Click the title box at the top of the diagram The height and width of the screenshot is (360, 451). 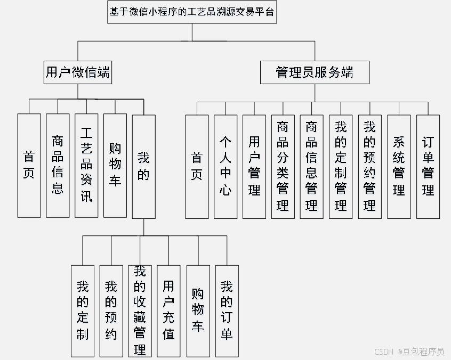tap(192, 12)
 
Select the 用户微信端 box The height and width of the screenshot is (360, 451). tap(78, 72)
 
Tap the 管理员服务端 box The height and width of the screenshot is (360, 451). tap(315, 72)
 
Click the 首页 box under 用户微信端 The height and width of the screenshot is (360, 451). tap(29, 165)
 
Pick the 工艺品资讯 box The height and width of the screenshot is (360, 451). tap(86, 165)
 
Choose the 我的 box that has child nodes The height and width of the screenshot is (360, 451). tap(143, 166)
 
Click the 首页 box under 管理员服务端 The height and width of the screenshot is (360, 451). tap(197, 166)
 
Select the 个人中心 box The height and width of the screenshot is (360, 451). tap(226, 166)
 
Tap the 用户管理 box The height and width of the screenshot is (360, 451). tap(254, 166)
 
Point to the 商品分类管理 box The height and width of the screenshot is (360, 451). tap(283, 166)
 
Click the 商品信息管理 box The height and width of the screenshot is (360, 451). tap(312, 166)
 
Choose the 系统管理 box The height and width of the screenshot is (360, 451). tap(399, 166)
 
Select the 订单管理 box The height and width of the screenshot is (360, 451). tap(428, 166)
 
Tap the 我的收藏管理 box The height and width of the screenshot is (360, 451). tap(140, 311)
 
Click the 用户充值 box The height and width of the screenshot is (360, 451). tap(169, 311)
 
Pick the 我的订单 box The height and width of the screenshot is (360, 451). tap(227, 311)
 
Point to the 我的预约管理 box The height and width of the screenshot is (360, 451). tap(369, 166)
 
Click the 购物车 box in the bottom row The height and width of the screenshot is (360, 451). tap(198, 311)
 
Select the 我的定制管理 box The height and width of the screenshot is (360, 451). tap(341, 166)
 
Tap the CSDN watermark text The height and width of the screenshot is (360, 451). tap(409, 351)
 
